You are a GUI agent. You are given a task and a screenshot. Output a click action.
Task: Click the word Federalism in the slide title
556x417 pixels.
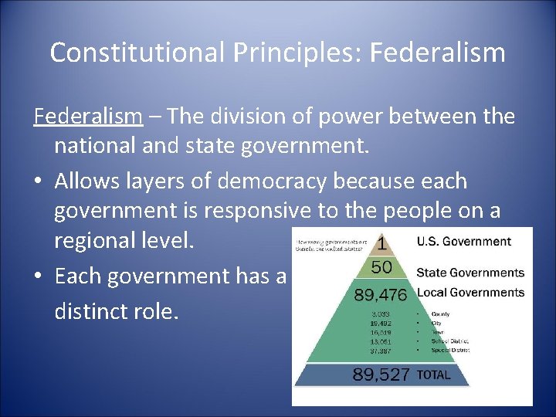[438, 53]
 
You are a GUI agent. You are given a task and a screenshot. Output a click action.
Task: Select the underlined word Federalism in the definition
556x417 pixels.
[88, 117]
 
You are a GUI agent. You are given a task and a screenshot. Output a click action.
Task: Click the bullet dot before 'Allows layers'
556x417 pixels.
[39, 181]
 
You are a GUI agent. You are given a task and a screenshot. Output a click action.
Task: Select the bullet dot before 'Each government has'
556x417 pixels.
[39, 276]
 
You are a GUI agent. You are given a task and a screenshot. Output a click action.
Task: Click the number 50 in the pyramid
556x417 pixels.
[381, 268]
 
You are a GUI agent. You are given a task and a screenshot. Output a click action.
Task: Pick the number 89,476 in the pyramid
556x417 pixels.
[381, 294]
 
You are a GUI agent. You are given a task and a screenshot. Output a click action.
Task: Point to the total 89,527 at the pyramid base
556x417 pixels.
[381, 375]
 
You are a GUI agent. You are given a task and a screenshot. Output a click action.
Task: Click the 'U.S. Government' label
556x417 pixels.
[464, 242]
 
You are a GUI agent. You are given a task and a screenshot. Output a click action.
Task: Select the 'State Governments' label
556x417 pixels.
[470, 273]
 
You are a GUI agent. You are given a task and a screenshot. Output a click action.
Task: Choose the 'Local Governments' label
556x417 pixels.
[470, 293]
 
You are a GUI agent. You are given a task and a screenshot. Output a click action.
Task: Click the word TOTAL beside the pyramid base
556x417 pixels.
[433, 375]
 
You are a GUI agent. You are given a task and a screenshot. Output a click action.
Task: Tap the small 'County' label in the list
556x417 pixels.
[441, 314]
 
